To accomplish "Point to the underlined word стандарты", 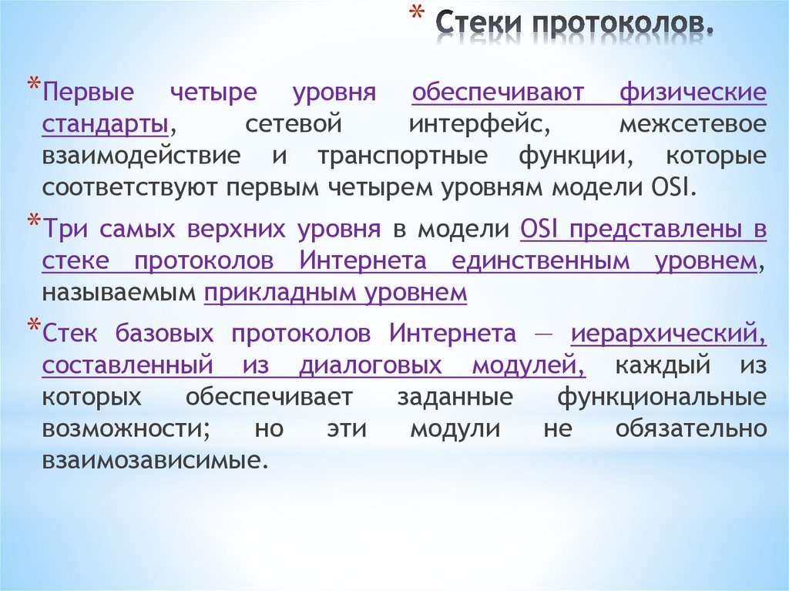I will [x=106, y=123].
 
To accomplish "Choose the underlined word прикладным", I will [x=287, y=292].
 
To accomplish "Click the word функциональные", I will [x=662, y=397].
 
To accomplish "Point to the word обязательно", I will [x=691, y=428].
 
